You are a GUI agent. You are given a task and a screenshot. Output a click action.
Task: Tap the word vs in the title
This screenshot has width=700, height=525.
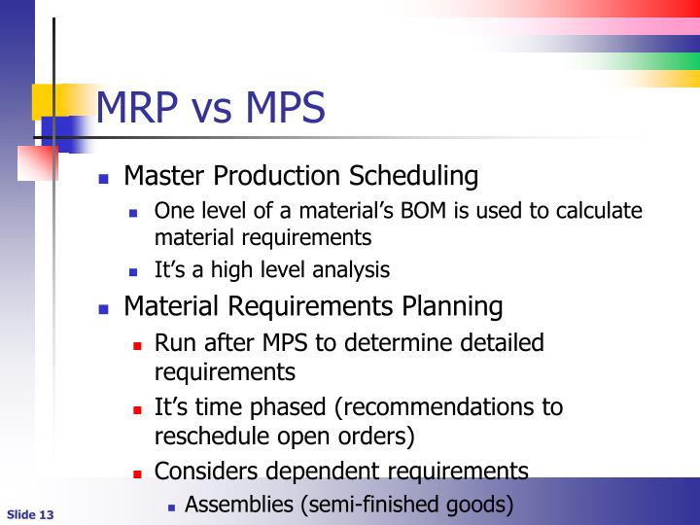(210, 110)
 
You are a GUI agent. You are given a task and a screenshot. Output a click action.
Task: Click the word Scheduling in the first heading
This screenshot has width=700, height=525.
(417, 177)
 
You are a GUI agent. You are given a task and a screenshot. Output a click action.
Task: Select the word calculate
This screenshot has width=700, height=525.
(600, 212)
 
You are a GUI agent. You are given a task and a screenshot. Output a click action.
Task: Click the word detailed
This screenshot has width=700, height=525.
(495, 343)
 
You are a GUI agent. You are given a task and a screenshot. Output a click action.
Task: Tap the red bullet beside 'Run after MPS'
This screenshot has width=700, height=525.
(137, 345)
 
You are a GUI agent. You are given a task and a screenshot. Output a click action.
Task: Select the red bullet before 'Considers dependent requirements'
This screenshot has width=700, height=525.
(137, 473)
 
